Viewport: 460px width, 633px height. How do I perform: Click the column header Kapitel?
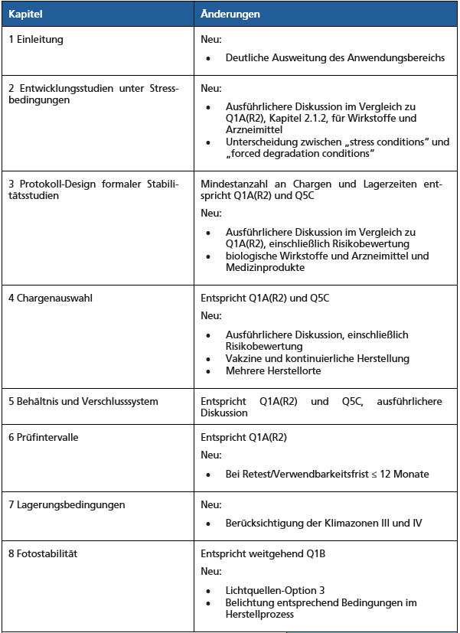(x=24, y=14)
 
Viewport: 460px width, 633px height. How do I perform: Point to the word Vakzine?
(x=243, y=358)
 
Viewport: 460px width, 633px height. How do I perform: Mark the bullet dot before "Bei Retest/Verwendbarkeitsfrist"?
(x=208, y=475)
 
